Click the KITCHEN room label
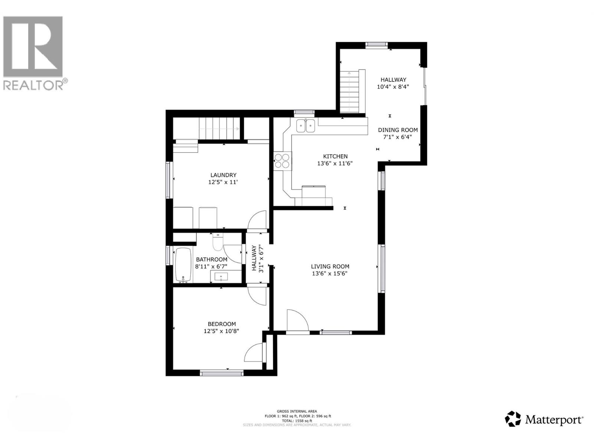335,156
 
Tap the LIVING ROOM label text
330,266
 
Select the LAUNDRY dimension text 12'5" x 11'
223,182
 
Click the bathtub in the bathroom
183,264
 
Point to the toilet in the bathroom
217,243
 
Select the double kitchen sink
305,126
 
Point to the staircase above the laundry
219,128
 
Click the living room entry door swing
297,320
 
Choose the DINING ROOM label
398,130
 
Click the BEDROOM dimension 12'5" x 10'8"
221,331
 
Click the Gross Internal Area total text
297,421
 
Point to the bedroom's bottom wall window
222,373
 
